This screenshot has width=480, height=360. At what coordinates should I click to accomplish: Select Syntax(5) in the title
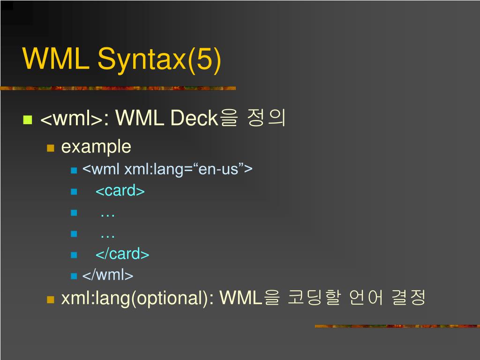[159, 60]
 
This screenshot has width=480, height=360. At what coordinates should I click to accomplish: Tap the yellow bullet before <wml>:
[27, 119]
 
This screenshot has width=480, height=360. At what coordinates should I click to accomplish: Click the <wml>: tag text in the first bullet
[75, 119]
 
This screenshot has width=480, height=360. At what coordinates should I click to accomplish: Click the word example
[96, 147]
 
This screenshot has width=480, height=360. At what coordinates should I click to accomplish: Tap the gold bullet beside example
[51, 148]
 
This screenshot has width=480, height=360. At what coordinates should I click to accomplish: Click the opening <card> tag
[120, 191]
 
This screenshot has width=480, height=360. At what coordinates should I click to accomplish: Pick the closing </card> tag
[122, 254]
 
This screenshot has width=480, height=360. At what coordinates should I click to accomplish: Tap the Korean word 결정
[409, 298]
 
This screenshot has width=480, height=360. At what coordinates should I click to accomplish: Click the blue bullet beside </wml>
[74, 276]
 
